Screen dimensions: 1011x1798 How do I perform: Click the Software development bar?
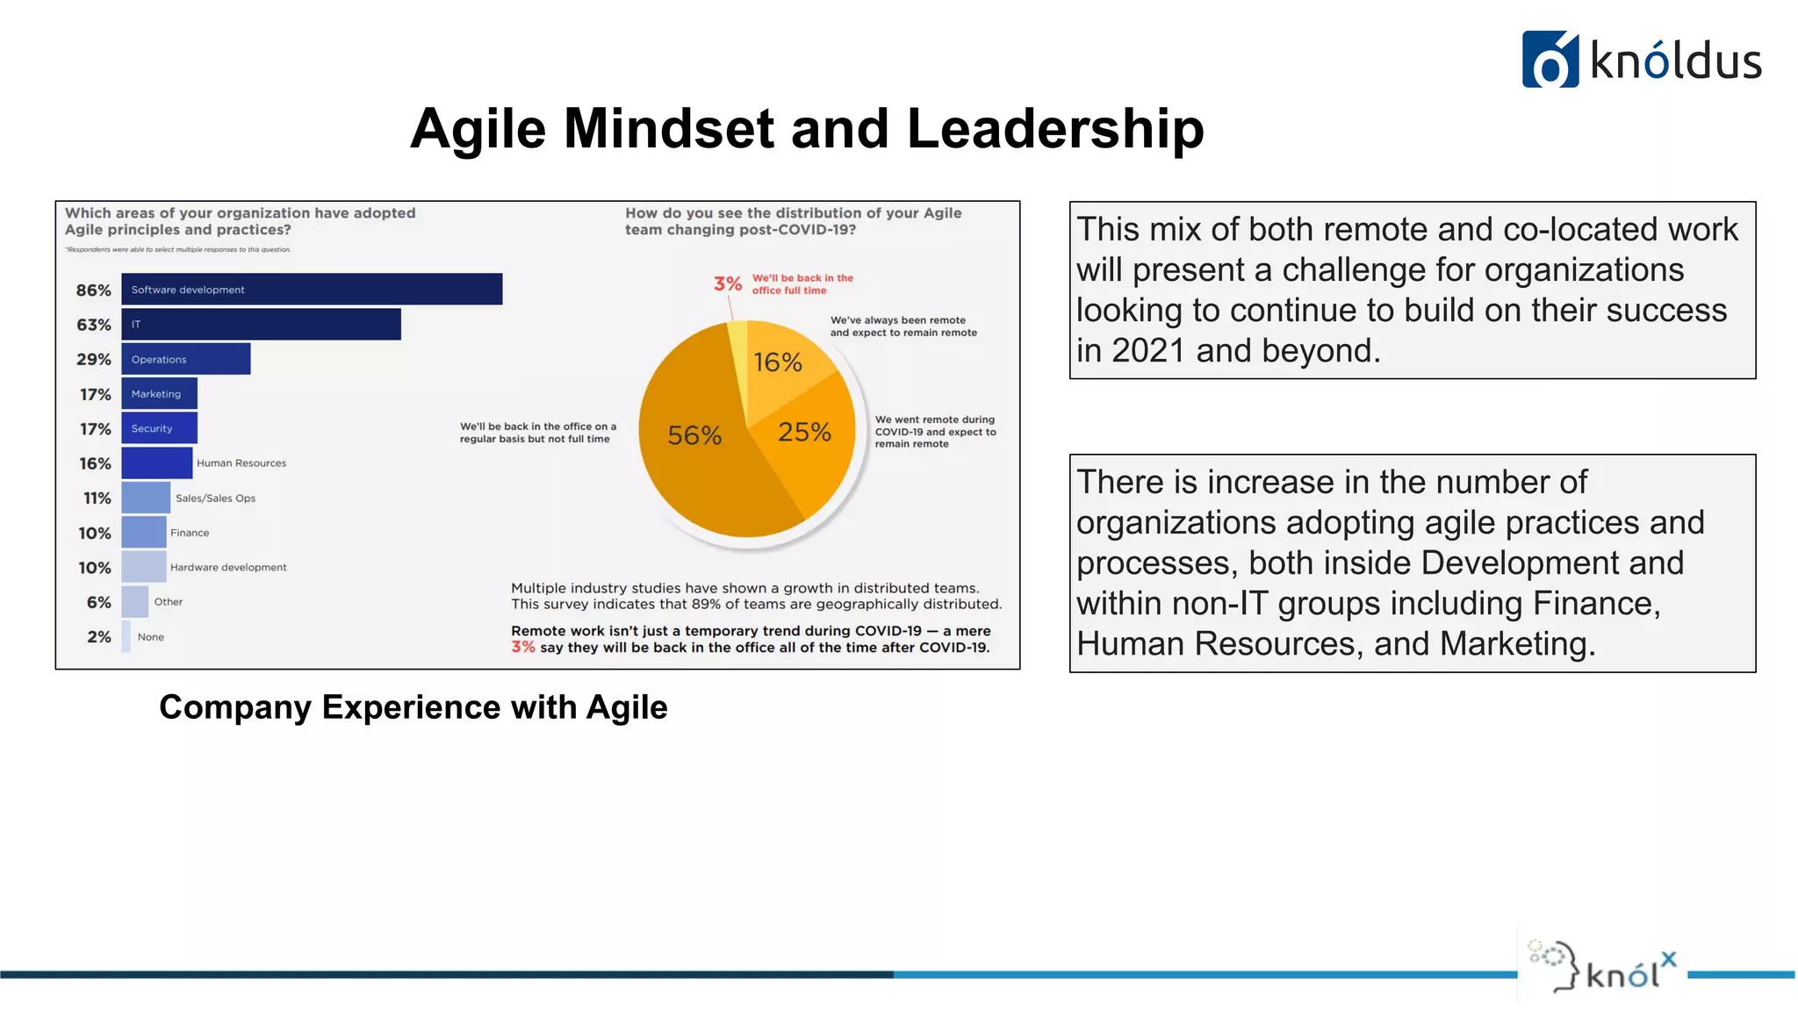tap(312, 290)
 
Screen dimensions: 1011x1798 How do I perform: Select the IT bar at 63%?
tap(261, 325)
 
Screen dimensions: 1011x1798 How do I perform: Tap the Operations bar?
tap(186, 359)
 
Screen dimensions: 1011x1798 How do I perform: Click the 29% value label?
tap(94, 360)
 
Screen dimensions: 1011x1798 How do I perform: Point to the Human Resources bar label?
tap(241, 463)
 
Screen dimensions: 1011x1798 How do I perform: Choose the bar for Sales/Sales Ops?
tap(146, 498)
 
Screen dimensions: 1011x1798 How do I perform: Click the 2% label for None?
tap(99, 637)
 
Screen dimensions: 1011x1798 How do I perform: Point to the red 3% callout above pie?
tap(728, 283)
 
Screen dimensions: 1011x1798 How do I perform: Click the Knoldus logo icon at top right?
tap(1550, 60)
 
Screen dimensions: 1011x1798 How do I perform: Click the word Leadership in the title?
tap(1054, 129)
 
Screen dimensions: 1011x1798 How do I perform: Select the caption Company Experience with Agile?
tap(413, 707)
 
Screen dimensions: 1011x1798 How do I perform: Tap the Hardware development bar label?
tap(228, 568)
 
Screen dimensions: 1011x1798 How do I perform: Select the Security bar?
tap(159, 428)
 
